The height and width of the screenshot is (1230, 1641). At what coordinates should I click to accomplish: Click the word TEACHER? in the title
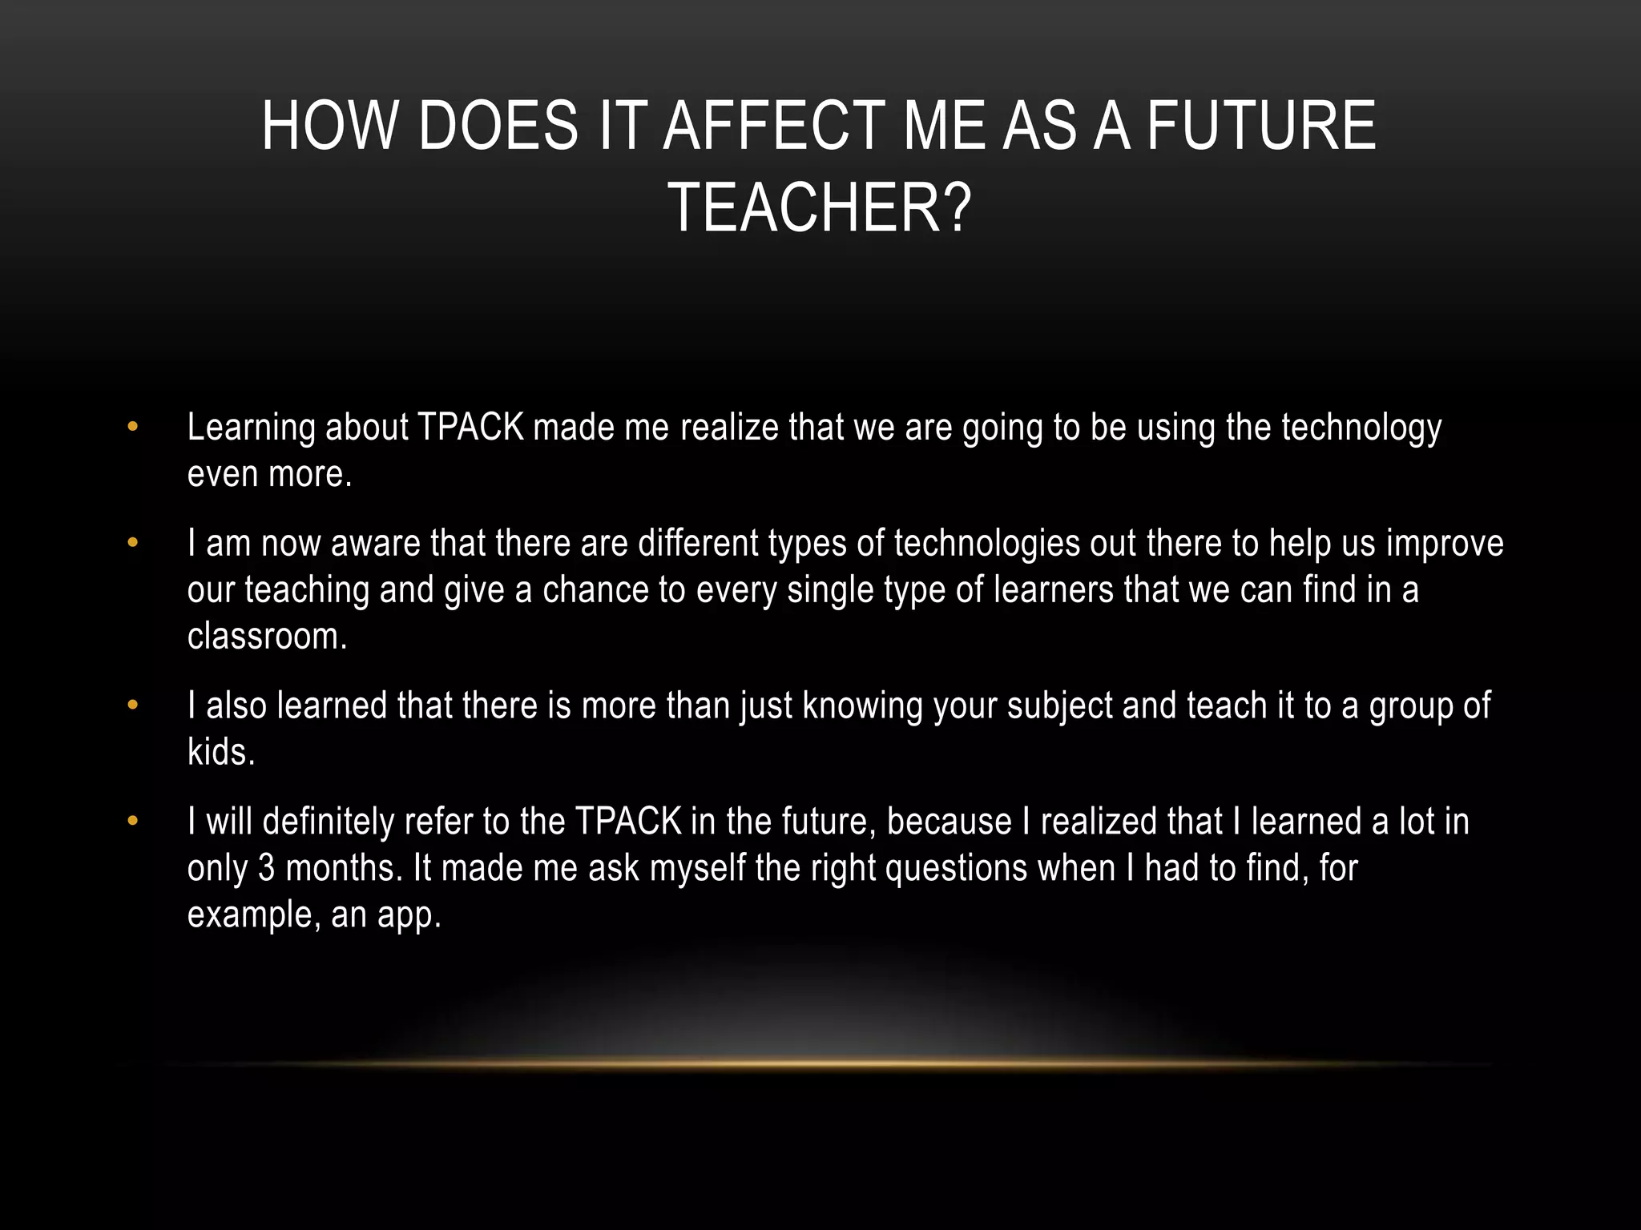pos(819,208)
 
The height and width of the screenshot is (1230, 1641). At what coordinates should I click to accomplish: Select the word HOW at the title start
pos(329,126)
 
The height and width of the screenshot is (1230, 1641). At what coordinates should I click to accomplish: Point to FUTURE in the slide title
pos(1261,126)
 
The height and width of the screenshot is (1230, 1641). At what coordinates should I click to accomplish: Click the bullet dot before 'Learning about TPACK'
pos(133,427)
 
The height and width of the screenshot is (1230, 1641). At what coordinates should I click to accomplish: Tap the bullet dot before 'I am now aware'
pos(133,543)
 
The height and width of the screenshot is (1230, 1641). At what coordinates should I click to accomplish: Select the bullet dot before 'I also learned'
pos(133,705)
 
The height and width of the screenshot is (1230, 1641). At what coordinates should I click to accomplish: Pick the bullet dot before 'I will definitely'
pos(133,822)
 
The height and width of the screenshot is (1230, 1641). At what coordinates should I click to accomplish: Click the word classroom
pos(267,637)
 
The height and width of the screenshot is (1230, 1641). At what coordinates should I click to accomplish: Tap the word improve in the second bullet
pos(1445,545)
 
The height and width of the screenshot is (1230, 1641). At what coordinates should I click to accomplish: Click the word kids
pos(220,753)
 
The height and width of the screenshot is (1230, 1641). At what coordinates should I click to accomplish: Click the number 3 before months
pos(266,869)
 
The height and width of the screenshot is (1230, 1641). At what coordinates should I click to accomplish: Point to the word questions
pos(956,869)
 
